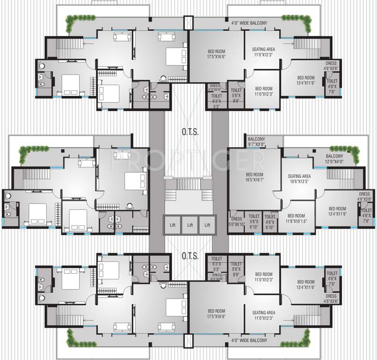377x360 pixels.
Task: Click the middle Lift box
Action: (x=190, y=225)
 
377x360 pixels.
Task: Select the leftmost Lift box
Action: (x=172, y=225)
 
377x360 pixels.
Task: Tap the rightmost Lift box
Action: (x=207, y=225)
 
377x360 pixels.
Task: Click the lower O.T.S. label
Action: (x=190, y=256)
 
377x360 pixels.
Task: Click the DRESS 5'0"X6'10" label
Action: (x=237, y=222)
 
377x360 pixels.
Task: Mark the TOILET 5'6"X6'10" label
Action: (x=254, y=219)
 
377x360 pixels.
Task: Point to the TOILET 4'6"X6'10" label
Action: (x=270, y=219)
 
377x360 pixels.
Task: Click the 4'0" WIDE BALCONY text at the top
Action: (x=249, y=22)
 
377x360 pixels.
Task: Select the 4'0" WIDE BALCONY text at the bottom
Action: (x=249, y=340)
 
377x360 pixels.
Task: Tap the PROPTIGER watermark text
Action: (x=187, y=160)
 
